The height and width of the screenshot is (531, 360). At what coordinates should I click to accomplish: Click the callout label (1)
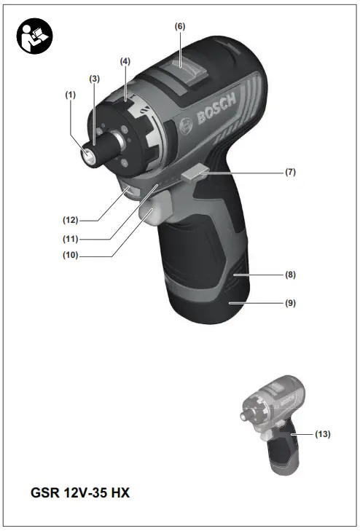[71, 94]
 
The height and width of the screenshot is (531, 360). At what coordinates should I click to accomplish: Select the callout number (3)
[95, 77]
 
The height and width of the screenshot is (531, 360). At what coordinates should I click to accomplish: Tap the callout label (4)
[125, 61]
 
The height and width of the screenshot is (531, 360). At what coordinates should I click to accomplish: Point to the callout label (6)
[179, 25]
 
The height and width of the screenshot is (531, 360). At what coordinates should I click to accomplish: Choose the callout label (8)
[290, 276]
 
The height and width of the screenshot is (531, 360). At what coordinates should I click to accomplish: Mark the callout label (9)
[290, 302]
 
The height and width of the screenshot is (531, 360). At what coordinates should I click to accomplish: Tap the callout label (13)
[322, 434]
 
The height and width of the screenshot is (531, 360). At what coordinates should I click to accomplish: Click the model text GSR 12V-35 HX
[81, 492]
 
